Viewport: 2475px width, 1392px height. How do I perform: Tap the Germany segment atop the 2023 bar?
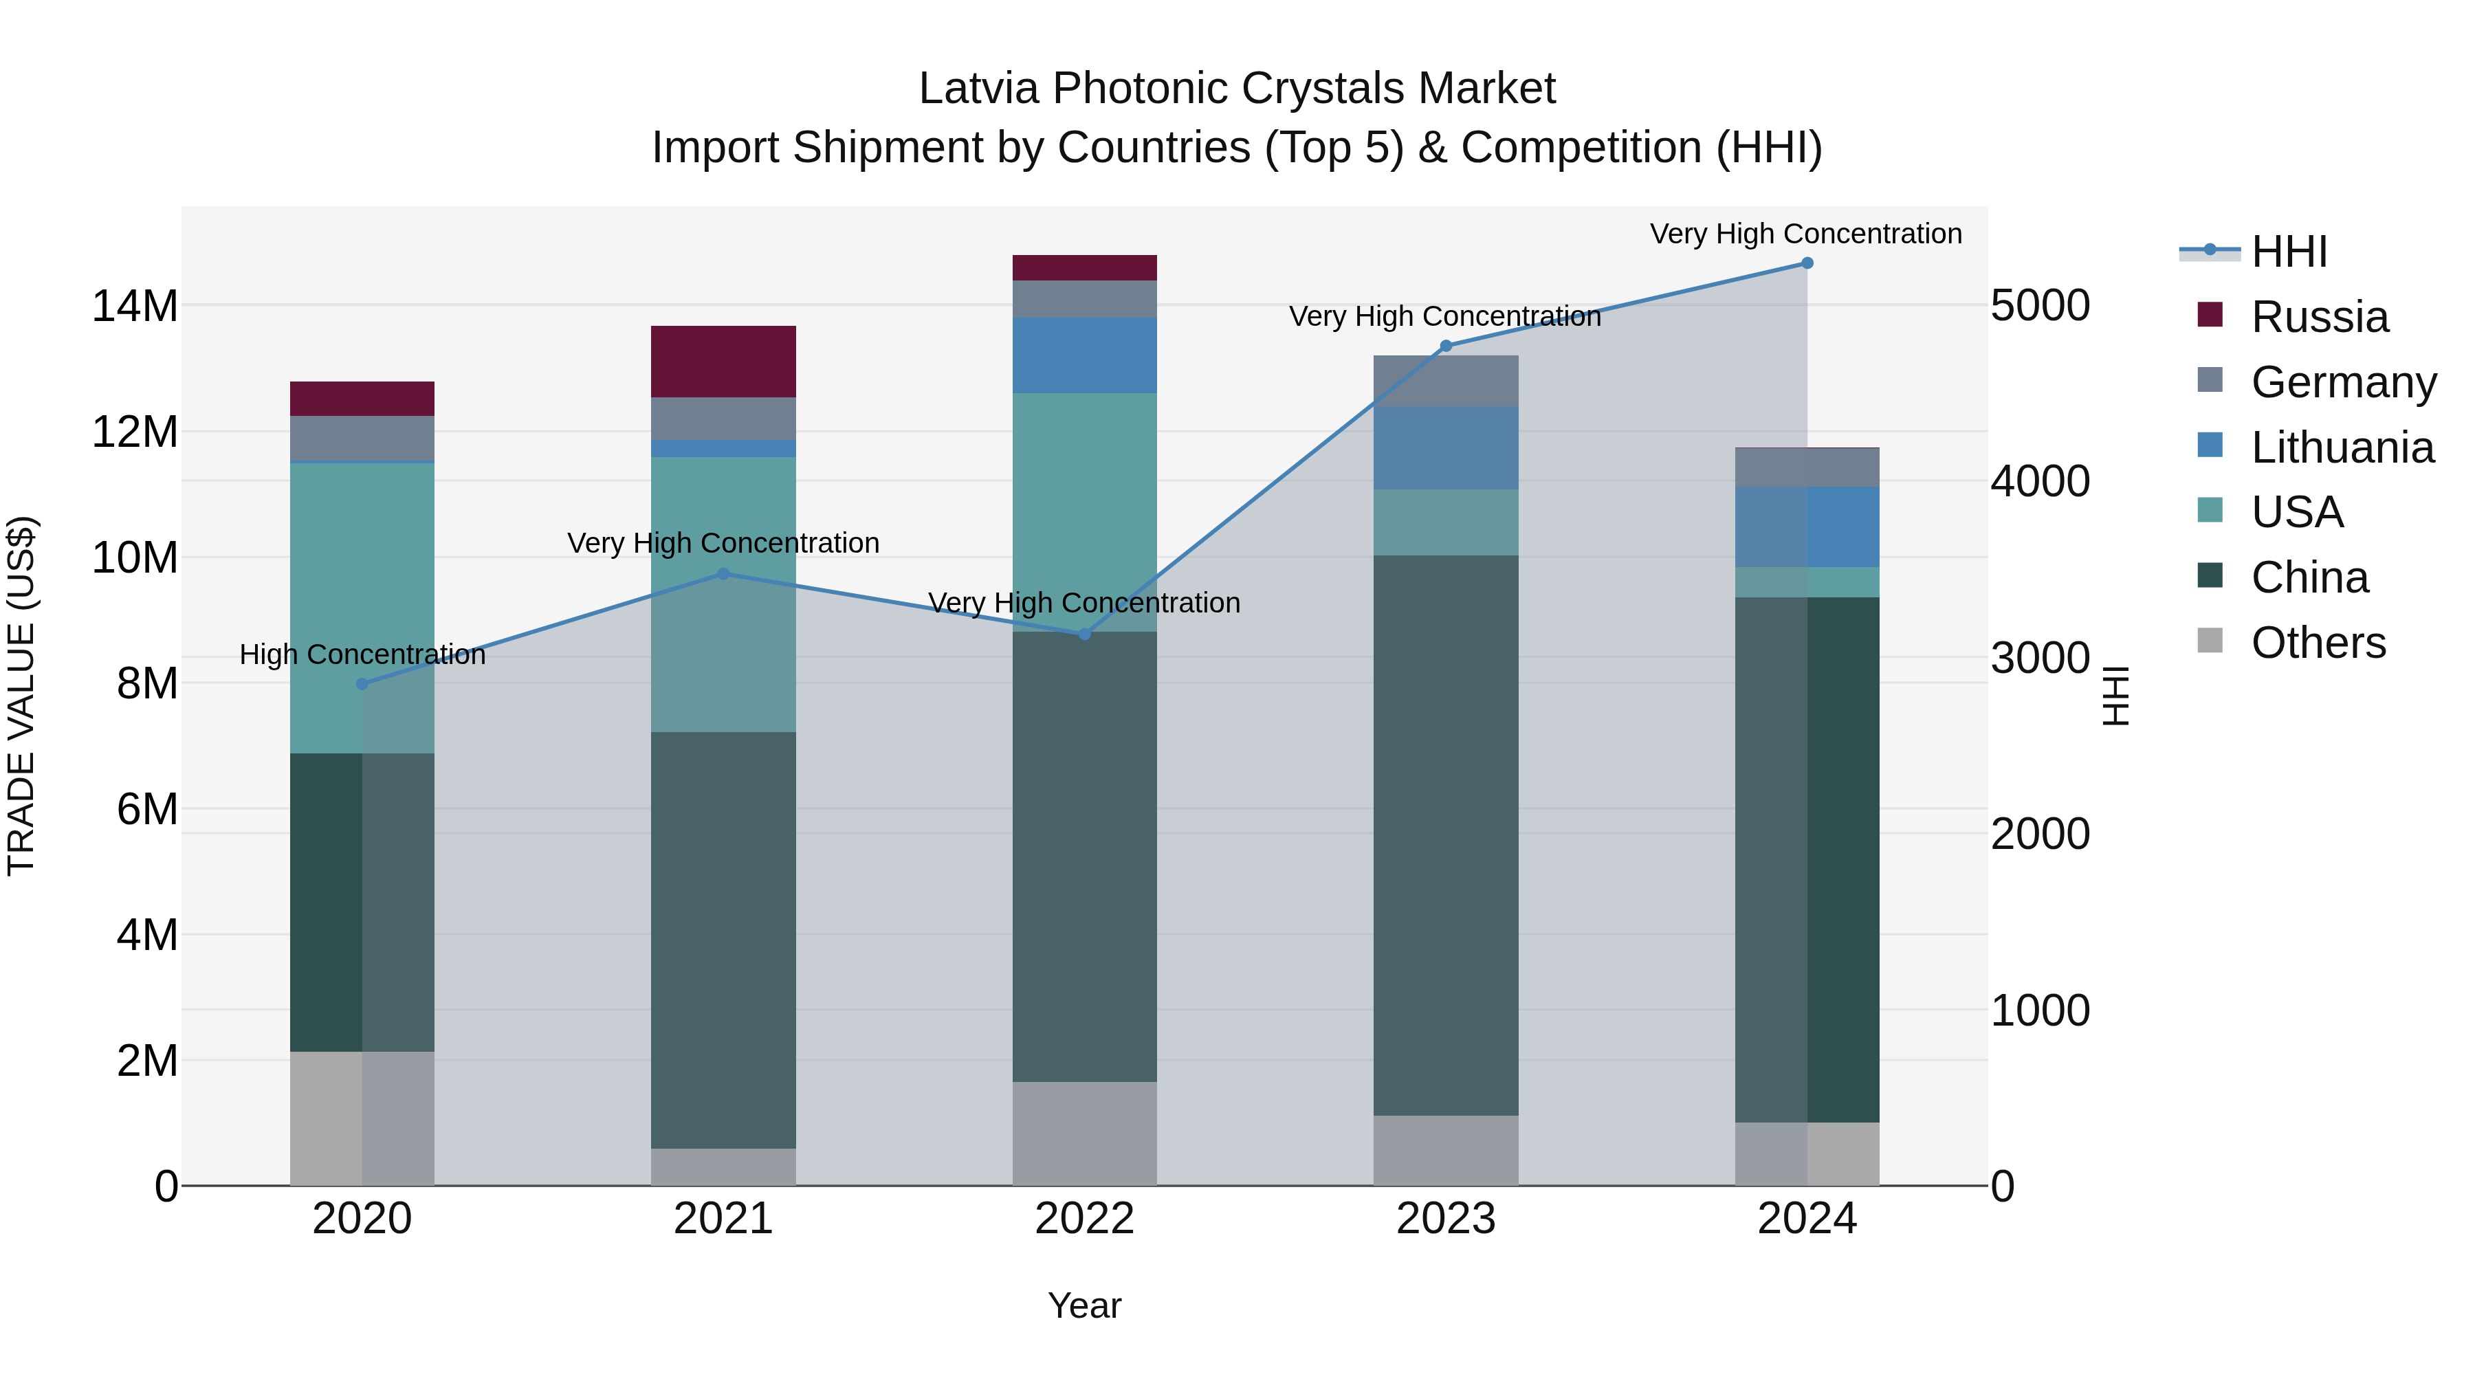[1445, 380]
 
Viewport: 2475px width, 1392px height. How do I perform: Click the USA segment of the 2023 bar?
[1445, 522]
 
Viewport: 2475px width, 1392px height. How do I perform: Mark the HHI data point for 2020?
[362, 684]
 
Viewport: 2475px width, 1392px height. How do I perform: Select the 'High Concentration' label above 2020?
[362, 654]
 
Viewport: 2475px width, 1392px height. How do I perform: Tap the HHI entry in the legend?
[2289, 252]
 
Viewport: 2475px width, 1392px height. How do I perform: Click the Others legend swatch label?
[2318, 643]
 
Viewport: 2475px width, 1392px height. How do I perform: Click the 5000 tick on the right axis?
[2039, 305]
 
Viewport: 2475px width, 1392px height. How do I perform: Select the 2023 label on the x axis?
[1445, 1219]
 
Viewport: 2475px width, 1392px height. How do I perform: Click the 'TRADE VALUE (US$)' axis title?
[21, 696]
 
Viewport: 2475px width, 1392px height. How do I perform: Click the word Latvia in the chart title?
[979, 89]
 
